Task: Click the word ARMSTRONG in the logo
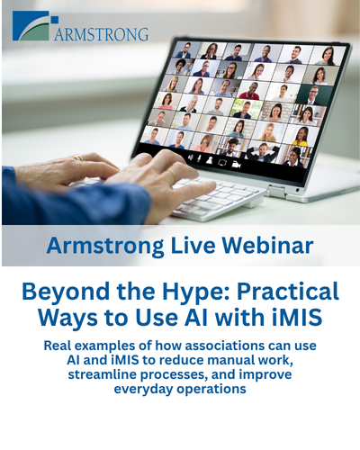tap(101, 34)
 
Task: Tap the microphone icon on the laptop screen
tap(199, 158)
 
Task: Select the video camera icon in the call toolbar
tap(236, 164)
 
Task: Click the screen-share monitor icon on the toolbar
tap(222, 163)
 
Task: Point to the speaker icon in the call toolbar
tap(190, 157)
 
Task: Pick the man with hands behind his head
tap(262, 151)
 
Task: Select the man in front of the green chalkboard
tap(312, 95)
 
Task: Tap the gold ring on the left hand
tap(78, 157)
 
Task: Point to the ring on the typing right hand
tap(173, 175)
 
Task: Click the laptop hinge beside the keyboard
tap(276, 191)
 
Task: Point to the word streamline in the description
tap(101, 374)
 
